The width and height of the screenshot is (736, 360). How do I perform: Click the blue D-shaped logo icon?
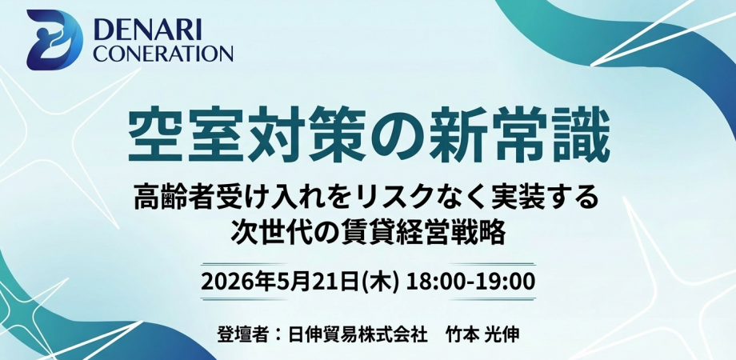(54, 40)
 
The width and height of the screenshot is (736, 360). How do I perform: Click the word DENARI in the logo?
(147, 30)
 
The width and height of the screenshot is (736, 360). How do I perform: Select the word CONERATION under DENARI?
(163, 54)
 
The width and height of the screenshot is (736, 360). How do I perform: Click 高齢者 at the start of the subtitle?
(171, 198)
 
